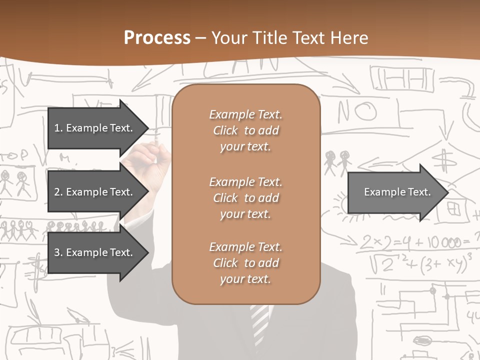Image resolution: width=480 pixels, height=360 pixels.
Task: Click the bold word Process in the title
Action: tap(157, 38)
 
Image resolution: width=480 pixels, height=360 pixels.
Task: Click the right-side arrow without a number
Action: tap(397, 192)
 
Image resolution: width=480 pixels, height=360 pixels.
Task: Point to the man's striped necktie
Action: tap(259, 322)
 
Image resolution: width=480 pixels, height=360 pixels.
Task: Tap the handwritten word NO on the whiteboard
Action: tap(356, 111)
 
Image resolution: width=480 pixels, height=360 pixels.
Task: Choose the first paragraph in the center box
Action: tap(245, 130)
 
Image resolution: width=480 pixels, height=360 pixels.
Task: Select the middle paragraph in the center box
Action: tap(245, 197)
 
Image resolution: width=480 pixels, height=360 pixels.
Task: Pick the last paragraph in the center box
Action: tap(245, 263)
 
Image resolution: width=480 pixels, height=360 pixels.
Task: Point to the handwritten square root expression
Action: tap(420, 262)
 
